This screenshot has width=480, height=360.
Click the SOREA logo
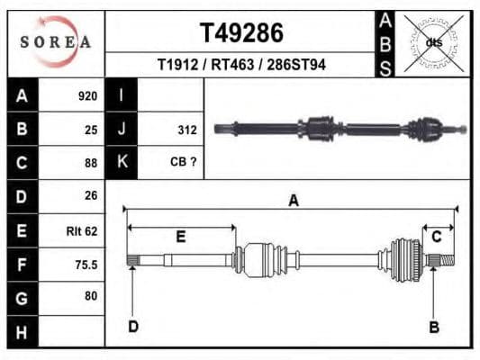pyautogui.click(x=56, y=41)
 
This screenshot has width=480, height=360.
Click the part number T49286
pyautogui.click(x=240, y=33)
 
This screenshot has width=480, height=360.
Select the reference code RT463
pyautogui.click(x=240, y=65)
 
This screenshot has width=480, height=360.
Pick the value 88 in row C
pyautogui.click(x=90, y=163)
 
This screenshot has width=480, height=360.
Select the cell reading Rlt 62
pyautogui.click(x=82, y=230)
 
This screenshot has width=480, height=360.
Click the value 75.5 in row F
pyautogui.click(x=86, y=265)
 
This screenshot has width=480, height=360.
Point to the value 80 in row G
pyautogui.click(x=90, y=296)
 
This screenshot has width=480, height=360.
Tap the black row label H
pyautogui.click(x=22, y=332)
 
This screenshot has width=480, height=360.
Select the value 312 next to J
pyautogui.click(x=186, y=130)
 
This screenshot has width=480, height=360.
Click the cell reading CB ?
pyautogui.click(x=183, y=163)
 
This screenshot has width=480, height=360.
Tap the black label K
pyautogui.click(x=122, y=163)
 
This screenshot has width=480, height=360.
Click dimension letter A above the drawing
pyautogui.click(x=293, y=201)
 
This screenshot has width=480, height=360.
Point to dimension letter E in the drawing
pyautogui.click(x=180, y=238)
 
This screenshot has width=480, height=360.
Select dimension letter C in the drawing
pyautogui.click(x=437, y=237)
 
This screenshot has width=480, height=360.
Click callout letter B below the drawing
pyautogui.click(x=433, y=327)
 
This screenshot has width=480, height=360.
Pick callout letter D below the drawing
pyautogui.click(x=132, y=326)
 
